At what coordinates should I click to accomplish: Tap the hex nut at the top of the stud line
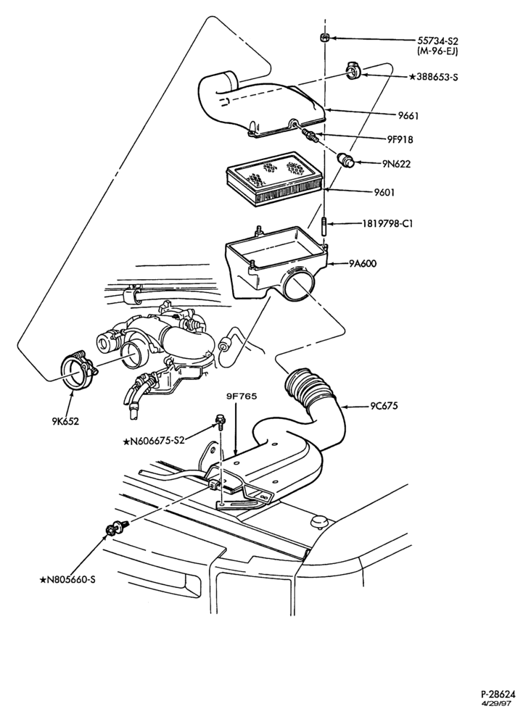[324, 38]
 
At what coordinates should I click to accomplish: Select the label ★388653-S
[433, 78]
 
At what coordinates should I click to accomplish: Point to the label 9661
[408, 115]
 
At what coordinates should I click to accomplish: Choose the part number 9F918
[400, 139]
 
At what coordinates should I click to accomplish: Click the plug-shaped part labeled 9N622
[347, 159]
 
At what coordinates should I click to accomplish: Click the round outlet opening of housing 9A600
[297, 286]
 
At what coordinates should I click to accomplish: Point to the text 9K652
[65, 421]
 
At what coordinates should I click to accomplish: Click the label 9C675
[384, 407]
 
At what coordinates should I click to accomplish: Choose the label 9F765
[242, 396]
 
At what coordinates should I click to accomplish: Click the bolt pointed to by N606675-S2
[220, 421]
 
